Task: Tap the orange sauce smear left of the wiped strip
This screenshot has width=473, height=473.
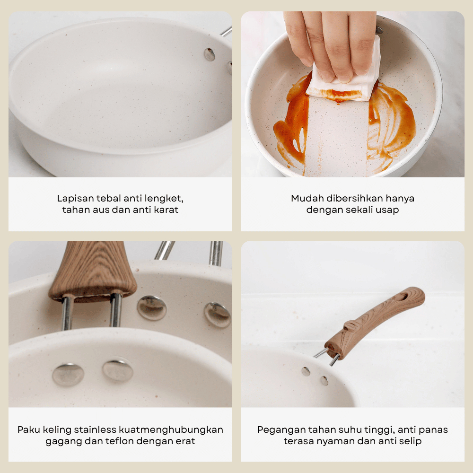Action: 291,123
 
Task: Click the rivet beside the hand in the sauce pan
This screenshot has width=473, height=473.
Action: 379,30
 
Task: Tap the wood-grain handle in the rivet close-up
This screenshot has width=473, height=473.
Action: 93,272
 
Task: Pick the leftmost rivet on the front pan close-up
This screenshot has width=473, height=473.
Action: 68,375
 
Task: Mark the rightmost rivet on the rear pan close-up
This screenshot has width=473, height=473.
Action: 218,315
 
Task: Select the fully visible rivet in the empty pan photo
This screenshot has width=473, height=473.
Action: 210,54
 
